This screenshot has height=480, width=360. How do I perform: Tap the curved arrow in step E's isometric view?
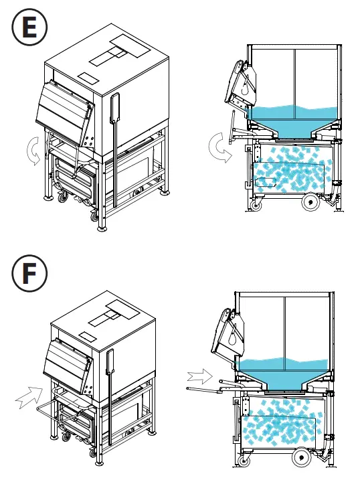pyautogui.click(x=31, y=151)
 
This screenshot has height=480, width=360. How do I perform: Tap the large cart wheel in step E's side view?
pyautogui.click(x=310, y=199)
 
